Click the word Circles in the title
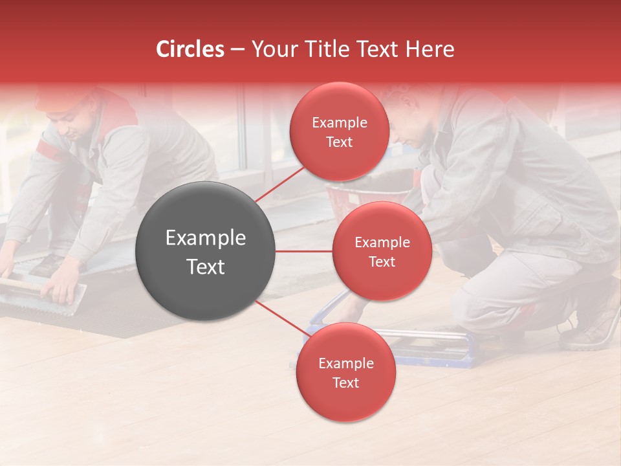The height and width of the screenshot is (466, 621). [x=190, y=49]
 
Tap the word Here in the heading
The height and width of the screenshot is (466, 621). [x=430, y=49]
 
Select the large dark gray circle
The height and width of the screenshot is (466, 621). [x=205, y=251]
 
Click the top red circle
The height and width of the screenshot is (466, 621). [x=339, y=131]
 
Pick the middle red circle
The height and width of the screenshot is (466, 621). [x=382, y=251]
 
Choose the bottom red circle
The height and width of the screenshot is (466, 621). [x=345, y=372]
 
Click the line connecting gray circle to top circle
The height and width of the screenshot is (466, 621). [x=279, y=185]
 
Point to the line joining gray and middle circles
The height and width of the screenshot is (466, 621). [x=303, y=251]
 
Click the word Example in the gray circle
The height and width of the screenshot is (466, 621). [x=205, y=238]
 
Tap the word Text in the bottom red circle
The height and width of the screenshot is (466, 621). [x=345, y=383]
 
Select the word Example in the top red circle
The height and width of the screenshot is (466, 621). [x=339, y=122]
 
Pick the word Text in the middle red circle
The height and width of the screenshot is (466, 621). [x=382, y=261]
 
